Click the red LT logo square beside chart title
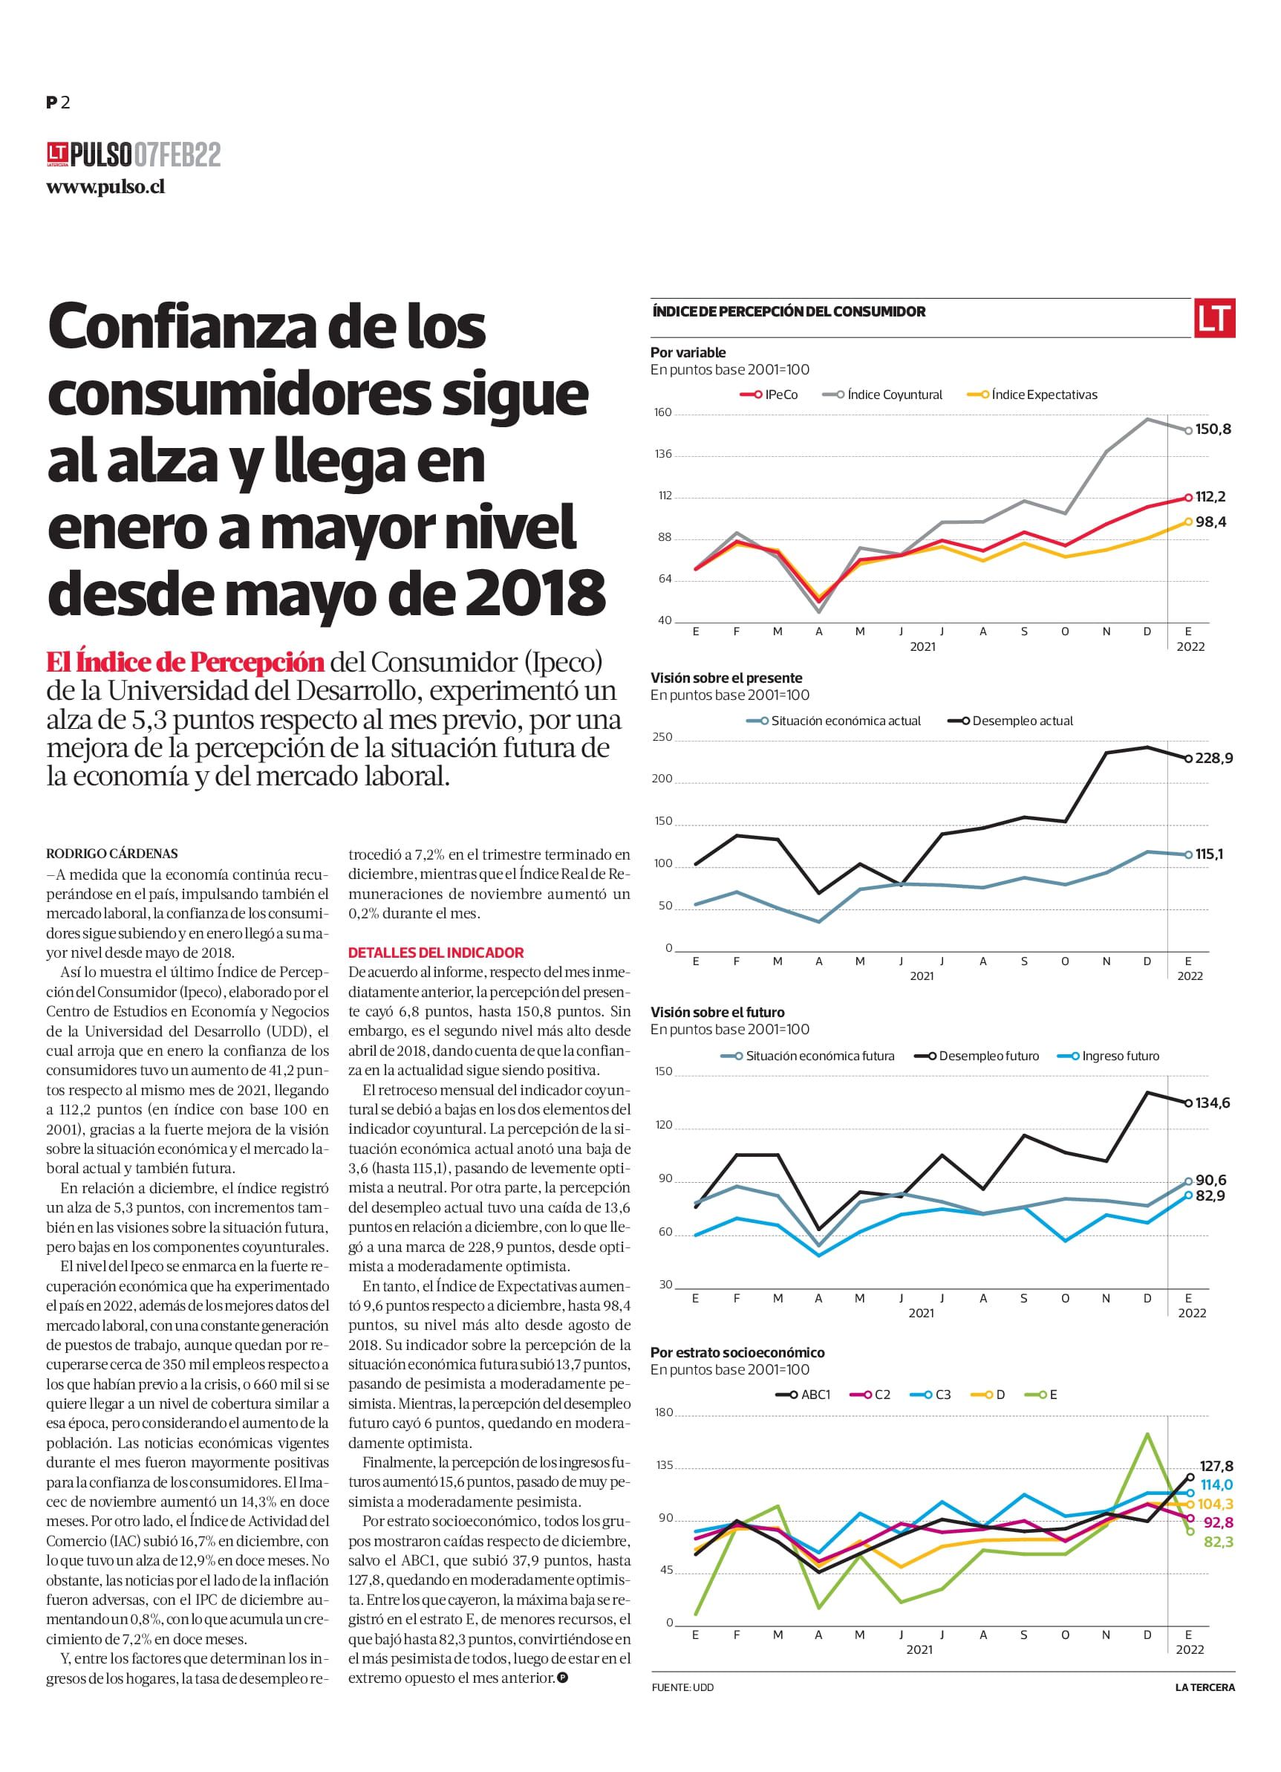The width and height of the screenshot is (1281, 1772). pyautogui.click(x=1214, y=318)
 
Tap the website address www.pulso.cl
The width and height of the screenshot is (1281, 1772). pyautogui.click(x=105, y=187)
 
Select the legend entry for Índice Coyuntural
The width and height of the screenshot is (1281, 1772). pyautogui.click(x=883, y=395)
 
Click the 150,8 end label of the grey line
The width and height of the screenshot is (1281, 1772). pyautogui.click(x=1213, y=429)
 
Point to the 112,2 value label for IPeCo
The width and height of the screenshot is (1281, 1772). pyautogui.click(x=1210, y=497)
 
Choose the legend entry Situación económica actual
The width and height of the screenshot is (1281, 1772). pyautogui.click(x=833, y=721)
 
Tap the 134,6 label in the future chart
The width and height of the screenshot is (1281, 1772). pyautogui.click(x=1212, y=1103)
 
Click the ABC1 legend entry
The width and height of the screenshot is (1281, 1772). pyautogui.click(x=803, y=1394)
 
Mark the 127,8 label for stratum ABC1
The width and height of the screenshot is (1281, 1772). pyautogui.click(x=1216, y=1467)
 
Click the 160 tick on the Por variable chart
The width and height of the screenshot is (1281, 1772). pyautogui.click(x=663, y=412)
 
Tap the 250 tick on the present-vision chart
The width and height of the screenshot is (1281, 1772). pyautogui.click(x=662, y=737)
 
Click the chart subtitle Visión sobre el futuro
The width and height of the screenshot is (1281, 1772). pyautogui.click(x=717, y=1012)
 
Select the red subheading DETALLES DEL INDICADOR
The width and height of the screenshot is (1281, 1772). pyautogui.click(x=436, y=952)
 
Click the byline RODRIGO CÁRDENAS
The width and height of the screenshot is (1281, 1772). pyautogui.click(x=111, y=853)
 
